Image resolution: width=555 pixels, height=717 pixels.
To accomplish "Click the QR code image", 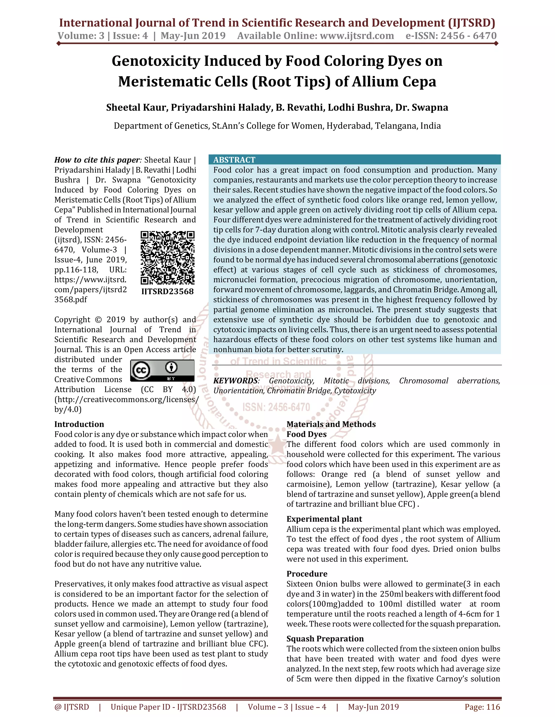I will point(167,258).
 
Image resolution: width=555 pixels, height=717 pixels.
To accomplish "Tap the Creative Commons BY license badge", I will point(162,370).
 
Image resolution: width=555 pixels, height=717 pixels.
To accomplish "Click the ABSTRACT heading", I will point(234,160).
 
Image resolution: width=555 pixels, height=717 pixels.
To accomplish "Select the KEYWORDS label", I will point(236,381).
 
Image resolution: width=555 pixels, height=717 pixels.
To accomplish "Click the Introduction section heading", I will point(79,424).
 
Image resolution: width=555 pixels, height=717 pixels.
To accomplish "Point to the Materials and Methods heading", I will point(331,424).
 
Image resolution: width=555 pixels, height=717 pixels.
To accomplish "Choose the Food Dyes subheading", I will point(306,434).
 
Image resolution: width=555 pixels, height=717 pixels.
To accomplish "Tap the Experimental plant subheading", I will point(324,519).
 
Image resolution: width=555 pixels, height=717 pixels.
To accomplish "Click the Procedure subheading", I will point(307,574).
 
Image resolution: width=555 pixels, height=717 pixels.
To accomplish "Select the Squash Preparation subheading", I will point(325,639).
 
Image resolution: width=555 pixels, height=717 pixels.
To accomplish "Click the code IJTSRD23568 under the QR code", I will point(167,291).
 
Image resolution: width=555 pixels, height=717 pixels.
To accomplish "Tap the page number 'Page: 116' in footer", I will point(482,707).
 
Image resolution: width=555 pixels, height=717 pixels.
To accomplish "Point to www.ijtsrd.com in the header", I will point(357,35).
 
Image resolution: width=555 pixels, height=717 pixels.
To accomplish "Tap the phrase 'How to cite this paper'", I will point(97,160).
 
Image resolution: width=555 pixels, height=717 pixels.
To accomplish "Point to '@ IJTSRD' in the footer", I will point(72,707).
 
